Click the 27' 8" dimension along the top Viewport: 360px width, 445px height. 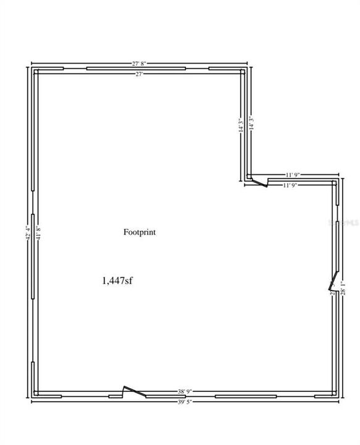(x=140, y=63)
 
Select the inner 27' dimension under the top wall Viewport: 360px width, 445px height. (x=140, y=74)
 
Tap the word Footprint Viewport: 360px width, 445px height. (x=140, y=232)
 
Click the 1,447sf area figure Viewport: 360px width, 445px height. (x=117, y=281)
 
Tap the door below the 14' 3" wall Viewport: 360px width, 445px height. (x=262, y=180)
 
